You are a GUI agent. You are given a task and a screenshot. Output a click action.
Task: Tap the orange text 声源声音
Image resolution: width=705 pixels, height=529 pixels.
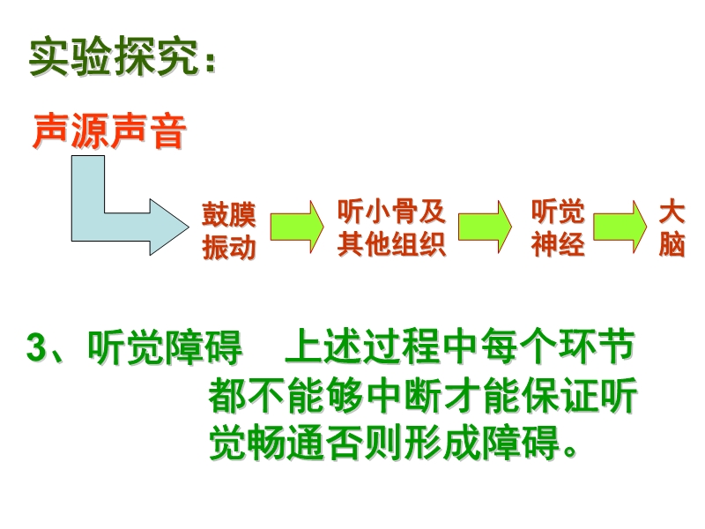pos(109,132)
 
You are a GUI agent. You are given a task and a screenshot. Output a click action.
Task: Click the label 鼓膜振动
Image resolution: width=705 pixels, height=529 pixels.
pos(229,232)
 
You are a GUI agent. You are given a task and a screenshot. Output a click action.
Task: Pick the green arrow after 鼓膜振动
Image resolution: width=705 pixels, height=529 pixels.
pos(295,225)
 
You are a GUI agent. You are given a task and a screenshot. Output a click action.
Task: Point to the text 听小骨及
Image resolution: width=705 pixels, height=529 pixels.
pos(391,212)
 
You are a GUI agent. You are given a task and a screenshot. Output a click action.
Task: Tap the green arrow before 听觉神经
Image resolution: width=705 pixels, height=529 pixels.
pos(486,225)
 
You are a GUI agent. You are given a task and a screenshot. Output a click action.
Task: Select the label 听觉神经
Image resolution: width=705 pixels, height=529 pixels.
pos(557,228)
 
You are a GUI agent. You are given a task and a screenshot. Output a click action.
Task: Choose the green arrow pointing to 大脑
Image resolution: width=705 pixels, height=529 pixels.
pos(620,225)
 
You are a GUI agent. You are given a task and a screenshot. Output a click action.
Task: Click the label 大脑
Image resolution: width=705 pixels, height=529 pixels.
pos(672,228)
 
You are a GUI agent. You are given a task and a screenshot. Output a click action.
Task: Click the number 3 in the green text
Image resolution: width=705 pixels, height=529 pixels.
pos(36,350)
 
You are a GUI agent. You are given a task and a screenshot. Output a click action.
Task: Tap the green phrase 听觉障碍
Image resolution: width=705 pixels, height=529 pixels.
pos(165,350)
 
